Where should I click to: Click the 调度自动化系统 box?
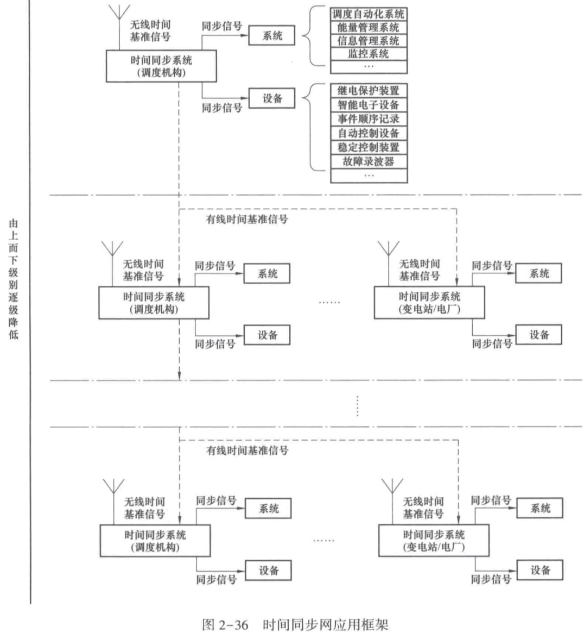[369, 14]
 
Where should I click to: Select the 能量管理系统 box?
[369, 27]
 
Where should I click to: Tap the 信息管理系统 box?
[369, 41]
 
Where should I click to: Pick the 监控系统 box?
[369, 54]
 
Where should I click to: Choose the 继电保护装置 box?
[369, 91]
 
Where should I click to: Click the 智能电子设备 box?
[369, 105]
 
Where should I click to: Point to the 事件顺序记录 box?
[369, 119]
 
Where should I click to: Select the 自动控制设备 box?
[369, 133]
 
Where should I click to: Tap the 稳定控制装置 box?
[369, 147]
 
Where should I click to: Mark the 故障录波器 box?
[369, 161]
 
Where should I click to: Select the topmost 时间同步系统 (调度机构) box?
[161, 66]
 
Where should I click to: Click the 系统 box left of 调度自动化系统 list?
[272, 36]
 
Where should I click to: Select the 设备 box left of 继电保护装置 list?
[272, 99]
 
